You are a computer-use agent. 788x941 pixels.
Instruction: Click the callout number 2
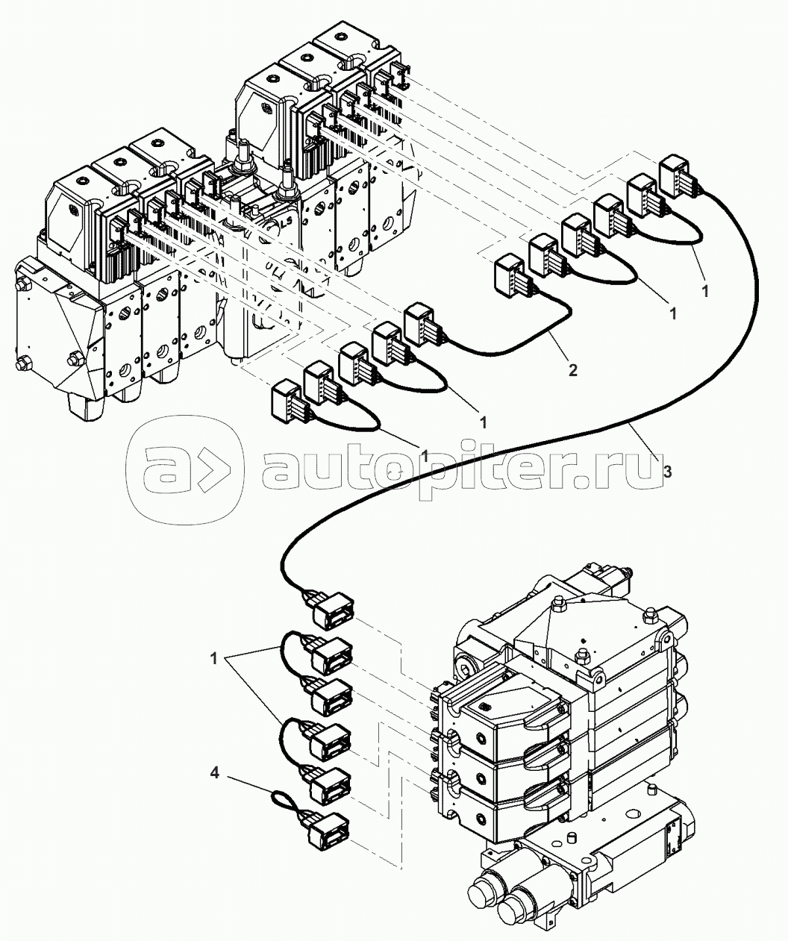click(x=572, y=369)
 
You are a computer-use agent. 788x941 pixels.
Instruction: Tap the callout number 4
click(x=215, y=775)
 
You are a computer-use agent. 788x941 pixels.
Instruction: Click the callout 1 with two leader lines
click(x=213, y=659)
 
